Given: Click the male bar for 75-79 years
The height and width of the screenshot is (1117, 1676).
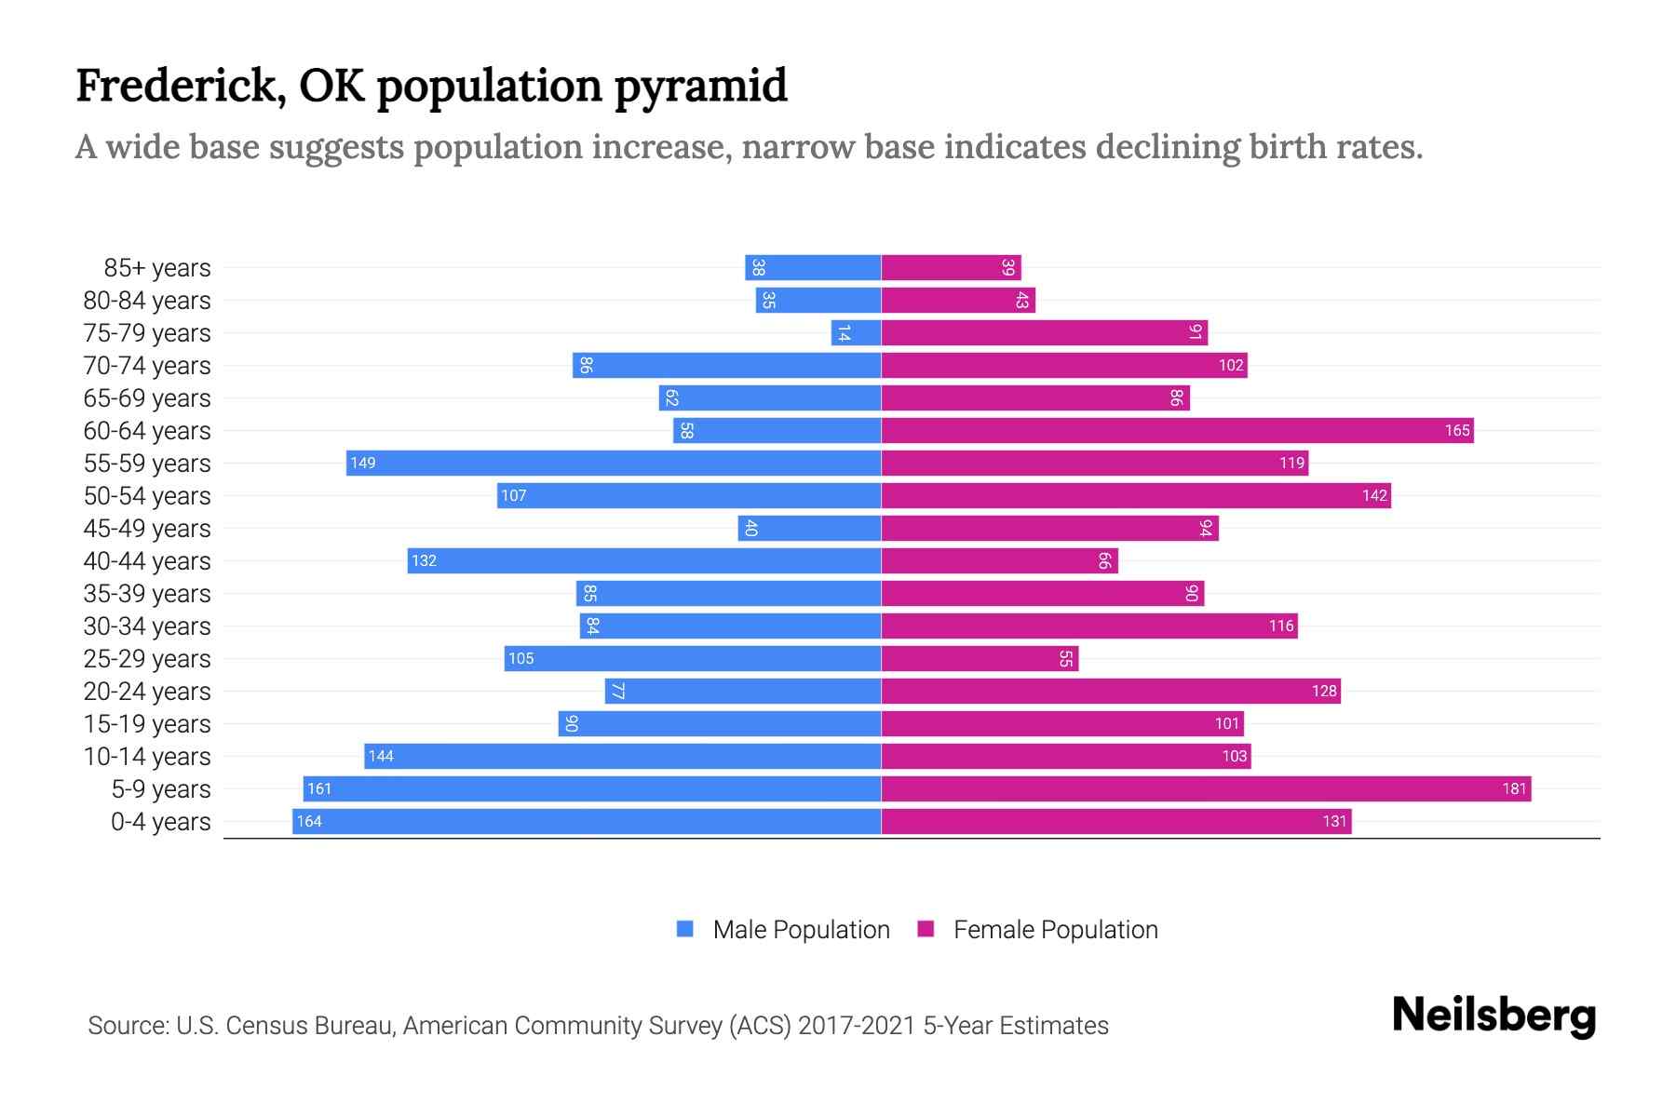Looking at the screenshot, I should tap(857, 333).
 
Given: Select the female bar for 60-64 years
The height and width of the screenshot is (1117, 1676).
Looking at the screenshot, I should tap(1177, 431).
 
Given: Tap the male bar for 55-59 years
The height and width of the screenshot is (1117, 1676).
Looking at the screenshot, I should tap(615, 464).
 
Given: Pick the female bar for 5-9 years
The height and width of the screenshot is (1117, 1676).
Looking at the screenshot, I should tap(1206, 789).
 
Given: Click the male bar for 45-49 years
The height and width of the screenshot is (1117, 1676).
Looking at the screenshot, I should tap(810, 529).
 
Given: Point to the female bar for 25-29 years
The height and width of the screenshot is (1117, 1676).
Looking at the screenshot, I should tap(980, 659).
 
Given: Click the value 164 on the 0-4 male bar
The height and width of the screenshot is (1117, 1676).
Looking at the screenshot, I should tap(309, 822).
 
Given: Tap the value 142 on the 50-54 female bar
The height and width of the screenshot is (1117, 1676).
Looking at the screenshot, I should tap(1374, 496).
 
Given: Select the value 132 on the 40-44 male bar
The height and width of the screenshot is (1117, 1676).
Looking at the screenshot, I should tap(424, 561).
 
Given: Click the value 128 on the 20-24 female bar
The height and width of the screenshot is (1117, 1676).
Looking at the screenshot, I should tap(1324, 692).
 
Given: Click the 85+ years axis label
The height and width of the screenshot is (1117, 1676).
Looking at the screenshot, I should tap(157, 268).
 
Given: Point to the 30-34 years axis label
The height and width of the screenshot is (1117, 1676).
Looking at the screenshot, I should tap(147, 626).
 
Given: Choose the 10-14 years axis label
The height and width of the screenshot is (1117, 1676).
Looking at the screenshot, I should tap(147, 757).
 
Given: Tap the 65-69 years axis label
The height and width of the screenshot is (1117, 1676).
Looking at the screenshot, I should tap(147, 398).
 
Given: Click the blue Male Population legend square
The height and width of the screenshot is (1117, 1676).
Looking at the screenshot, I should tap(685, 929).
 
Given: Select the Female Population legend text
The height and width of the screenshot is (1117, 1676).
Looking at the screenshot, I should tap(1055, 930).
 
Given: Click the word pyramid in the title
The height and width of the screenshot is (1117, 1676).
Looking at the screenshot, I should tap(700, 87).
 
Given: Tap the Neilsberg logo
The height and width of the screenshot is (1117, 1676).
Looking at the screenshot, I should tap(1494, 1016).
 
